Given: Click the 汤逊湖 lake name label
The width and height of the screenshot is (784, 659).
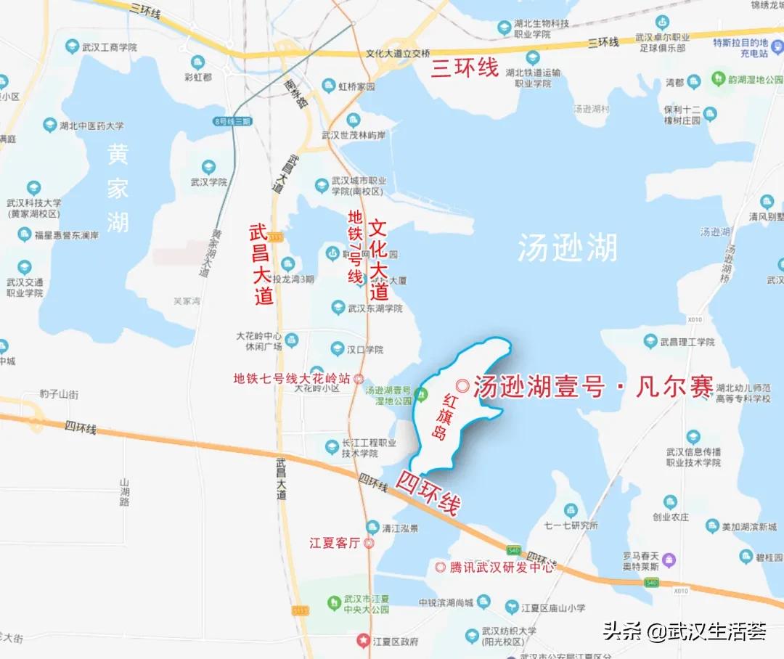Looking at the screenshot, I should click(x=568, y=249).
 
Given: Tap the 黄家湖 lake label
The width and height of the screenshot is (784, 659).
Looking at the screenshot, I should click(x=118, y=188).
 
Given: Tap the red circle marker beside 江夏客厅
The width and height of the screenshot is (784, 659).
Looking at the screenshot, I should click(x=369, y=543).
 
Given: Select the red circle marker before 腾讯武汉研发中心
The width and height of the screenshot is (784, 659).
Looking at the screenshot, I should click(x=441, y=567).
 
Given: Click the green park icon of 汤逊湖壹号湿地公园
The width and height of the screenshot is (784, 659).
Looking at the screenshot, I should click(x=422, y=396).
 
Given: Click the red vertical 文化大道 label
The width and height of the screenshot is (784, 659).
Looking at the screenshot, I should click(x=378, y=260).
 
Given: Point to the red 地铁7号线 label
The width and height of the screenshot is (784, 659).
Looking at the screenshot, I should click(x=355, y=247).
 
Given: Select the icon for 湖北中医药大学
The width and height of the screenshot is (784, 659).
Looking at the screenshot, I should click(x=50, y=126).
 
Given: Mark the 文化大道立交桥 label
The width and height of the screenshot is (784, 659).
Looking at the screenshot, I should click(x=399, y=54).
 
